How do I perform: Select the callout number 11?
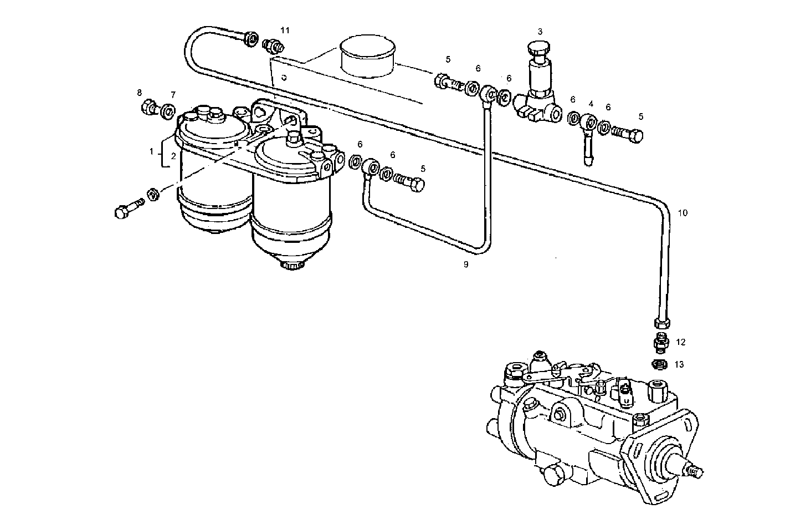click(x=284, y=30)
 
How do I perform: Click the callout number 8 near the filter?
click(x=140, y=93)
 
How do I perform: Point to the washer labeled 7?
click(x=167, y=112)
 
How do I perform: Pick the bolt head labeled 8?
click(x=148, y=106)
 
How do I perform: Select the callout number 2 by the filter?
click(x=173, y=156)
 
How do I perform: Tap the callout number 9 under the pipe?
click(x=466, y=264)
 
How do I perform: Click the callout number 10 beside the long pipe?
click(x=683, y=213)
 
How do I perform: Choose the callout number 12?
click(x=681, y=342)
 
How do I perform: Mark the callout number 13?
click(x=679, y=364)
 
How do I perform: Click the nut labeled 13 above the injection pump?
click(x=659, y=365)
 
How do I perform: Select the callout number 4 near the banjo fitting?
click(x=591, y=104)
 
